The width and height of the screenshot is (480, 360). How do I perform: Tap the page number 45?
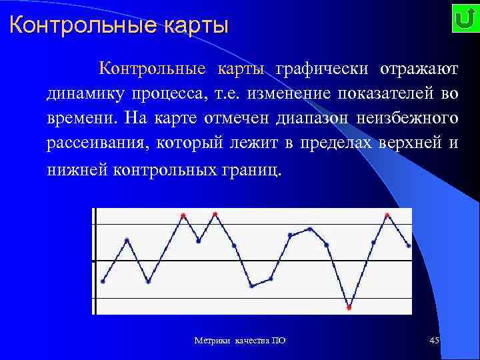434,341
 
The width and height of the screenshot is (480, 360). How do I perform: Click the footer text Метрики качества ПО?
240,341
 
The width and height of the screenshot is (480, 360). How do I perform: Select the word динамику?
81,94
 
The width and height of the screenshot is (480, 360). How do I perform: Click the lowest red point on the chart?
349,307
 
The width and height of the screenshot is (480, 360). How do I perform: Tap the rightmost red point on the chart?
387,215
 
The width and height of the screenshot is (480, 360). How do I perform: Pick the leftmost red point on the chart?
183,215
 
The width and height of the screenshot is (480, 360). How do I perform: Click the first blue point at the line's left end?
103,281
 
